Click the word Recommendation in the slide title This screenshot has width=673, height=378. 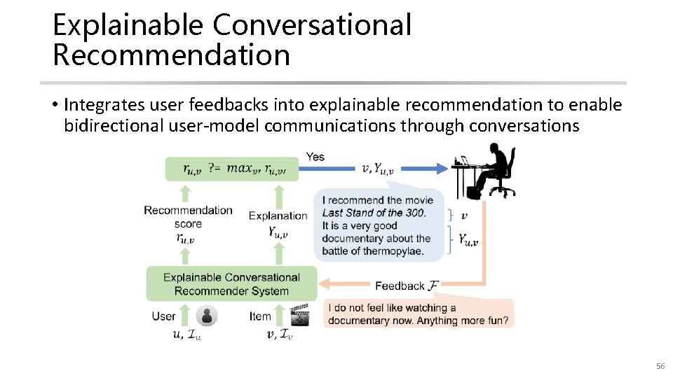(x=171, y=55)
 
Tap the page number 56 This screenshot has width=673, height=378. (x=659, y=367)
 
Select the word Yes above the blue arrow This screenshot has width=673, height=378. (x=315, y=157)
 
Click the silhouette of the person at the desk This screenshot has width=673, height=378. (x=491, y=168)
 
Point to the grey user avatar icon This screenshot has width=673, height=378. (x=207, y=316)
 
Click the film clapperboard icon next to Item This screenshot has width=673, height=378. (x=300, y=316)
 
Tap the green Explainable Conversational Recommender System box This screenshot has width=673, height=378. (x=231, y=284)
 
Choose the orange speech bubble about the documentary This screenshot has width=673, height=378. (x=419, y=314)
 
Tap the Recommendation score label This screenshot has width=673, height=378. (x=188, y=217)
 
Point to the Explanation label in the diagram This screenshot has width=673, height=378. (x=278, y=216)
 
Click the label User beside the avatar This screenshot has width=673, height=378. (x=163, y=316)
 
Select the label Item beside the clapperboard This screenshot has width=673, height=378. (x=260, y=316)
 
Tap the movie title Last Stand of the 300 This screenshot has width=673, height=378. (x=374, y=213)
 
